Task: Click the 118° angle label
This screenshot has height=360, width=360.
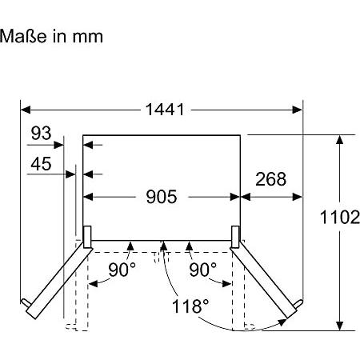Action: point(190,305)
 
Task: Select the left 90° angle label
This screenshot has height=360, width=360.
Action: point(122,270)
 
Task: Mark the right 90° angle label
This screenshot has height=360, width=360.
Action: point(202,270)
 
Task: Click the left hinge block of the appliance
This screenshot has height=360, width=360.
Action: point(86,234)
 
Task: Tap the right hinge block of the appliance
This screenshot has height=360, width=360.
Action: point(237,234)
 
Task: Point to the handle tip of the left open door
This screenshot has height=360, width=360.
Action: point(27,305)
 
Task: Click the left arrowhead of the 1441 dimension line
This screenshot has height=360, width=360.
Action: point(25,109)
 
